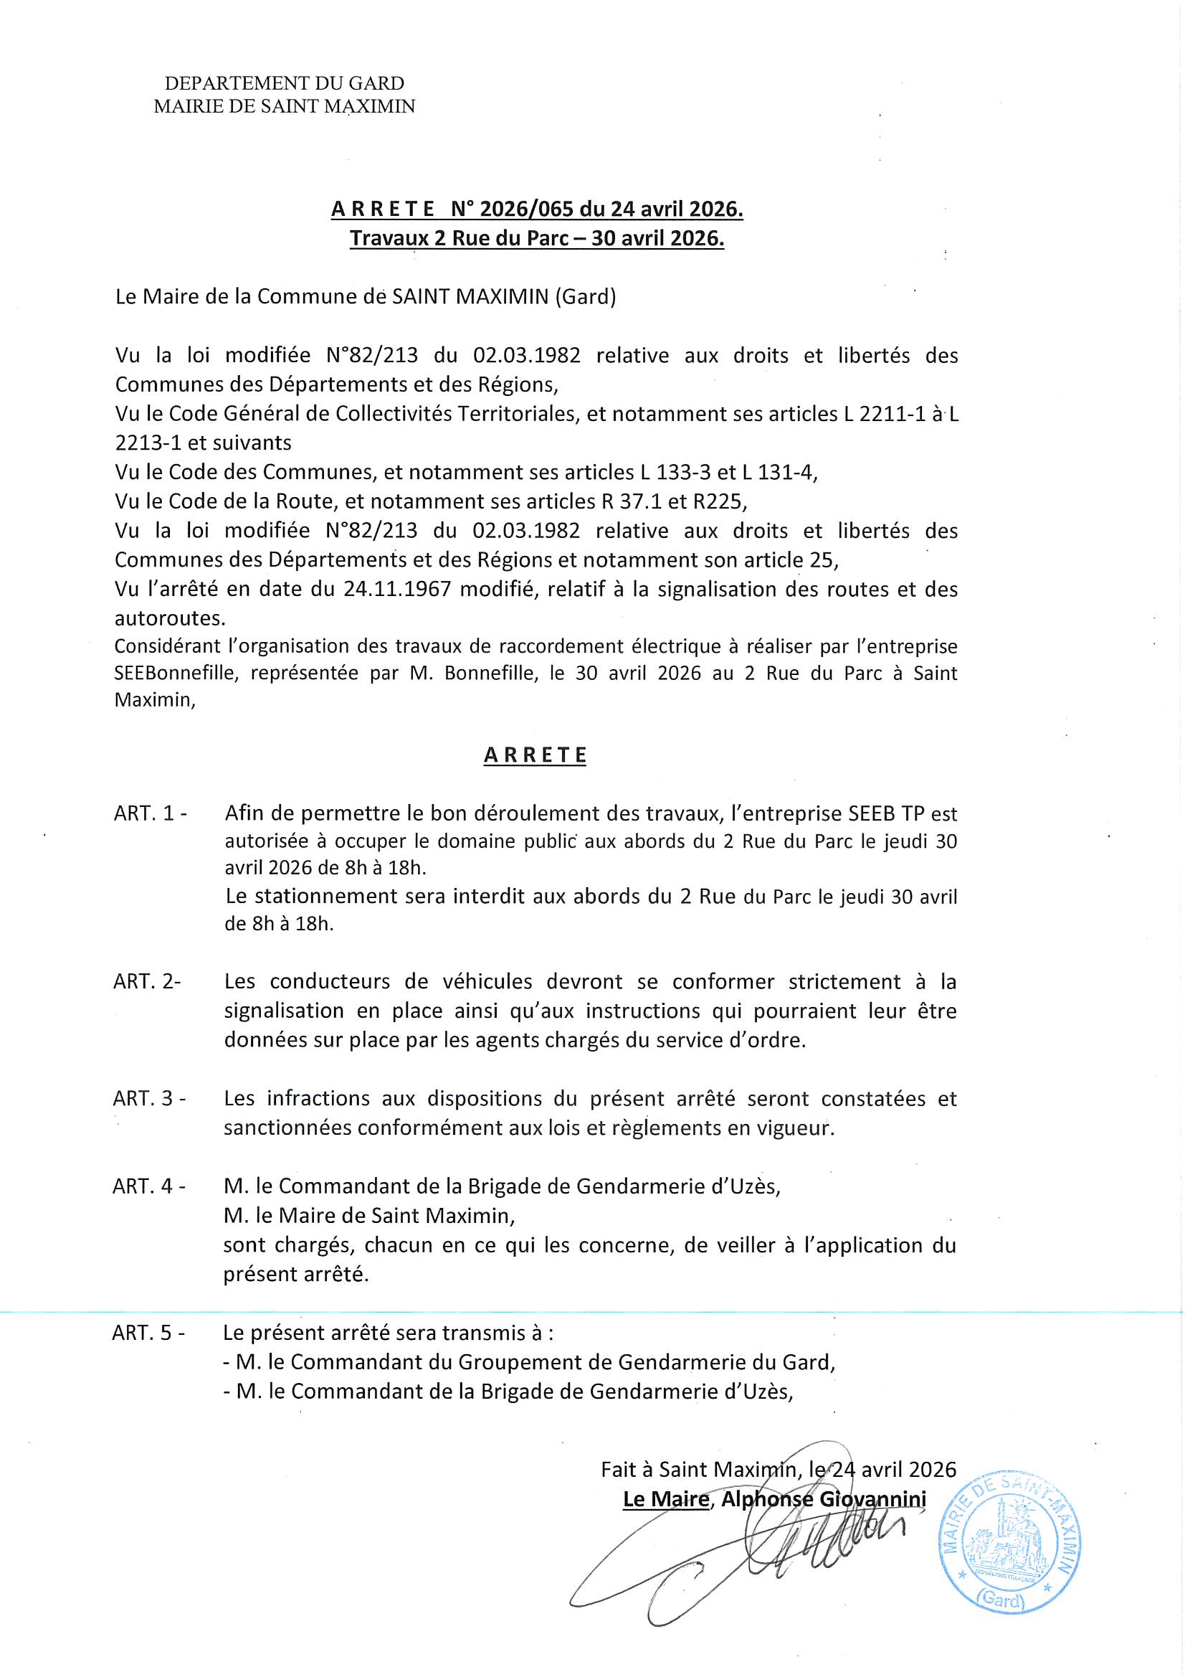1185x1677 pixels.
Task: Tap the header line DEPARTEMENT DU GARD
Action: click(x=284, y=83)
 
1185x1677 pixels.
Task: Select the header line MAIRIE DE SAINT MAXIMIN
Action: click(x=284, y=107)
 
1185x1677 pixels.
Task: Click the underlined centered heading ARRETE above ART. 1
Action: click(x=536, y=755)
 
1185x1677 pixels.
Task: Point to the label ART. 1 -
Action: click(x=150, y=813)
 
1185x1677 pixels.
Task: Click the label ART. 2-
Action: click(x=147, y=982)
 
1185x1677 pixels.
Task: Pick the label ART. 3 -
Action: click(x=149, y=1099)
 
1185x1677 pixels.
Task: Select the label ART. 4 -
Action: click(x=149, y=1186)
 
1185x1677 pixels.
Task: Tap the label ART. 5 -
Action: click(x=148, y=1333)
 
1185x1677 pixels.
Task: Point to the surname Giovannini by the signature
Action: click(x=872, y=1500)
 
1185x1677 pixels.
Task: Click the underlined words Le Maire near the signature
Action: click(x=666, y=1500)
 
